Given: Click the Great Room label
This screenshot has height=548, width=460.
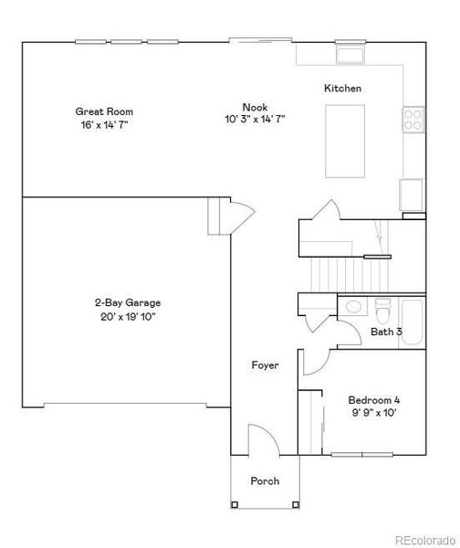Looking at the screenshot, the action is coord(104,111).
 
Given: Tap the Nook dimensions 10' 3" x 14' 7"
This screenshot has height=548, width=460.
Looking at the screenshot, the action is coord(255,119).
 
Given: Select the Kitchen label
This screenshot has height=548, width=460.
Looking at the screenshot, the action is coord(342,88).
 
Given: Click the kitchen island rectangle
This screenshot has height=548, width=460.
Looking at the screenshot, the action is coord(345,142).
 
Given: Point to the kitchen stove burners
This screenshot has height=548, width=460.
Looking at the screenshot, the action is coord(413,120).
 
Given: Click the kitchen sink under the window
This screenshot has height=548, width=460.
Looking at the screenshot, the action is coord(350,55).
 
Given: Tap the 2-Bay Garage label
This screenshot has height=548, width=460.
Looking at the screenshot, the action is coord(128,302).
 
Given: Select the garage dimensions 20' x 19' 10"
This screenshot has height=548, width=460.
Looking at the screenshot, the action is coord(128,317).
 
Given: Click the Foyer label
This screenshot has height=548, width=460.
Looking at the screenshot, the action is coord(265,365).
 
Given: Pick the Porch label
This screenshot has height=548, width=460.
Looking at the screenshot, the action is coord(265,481).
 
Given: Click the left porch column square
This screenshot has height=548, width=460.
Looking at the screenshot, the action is coord(235,505).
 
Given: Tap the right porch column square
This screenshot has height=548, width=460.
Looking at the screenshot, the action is coord(296,505).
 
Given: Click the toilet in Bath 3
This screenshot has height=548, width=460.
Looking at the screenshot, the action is coord(383,311).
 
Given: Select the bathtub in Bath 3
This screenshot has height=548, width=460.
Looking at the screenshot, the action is coord(413,322).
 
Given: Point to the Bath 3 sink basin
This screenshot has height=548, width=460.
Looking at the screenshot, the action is coord(353,307).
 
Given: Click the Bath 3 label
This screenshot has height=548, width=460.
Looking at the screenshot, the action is coord(386,332).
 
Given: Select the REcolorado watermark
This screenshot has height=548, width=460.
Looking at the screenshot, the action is coord(425,540).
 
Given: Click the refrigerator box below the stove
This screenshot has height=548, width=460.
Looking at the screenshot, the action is coord(412,195).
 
